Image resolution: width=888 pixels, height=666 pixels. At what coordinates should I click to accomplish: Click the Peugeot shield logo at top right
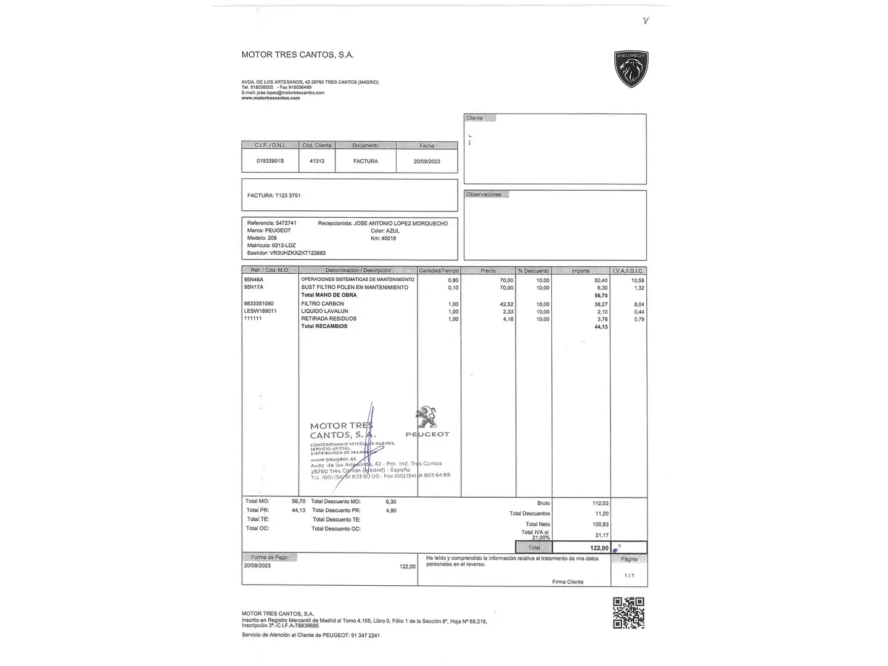click(631, 68)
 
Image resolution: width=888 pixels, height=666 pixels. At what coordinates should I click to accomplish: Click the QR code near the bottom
click(628, 612)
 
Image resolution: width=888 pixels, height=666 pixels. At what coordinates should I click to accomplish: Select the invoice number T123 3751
click(288, 195)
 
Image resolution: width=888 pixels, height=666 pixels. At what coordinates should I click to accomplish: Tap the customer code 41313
click(317, 161)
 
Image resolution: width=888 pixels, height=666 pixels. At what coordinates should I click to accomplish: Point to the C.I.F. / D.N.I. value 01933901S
click(270, 161)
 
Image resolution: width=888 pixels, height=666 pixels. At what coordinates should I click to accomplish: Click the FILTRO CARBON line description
click(323, 304)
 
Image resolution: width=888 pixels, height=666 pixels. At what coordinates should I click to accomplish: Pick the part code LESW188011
click(260, 311)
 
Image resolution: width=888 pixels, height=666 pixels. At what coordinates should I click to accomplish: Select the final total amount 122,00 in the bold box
click(599, 548)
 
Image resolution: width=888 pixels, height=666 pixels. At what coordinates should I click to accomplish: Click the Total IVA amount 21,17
click(601, 535)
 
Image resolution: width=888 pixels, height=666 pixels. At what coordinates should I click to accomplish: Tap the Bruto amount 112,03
click(600, 503)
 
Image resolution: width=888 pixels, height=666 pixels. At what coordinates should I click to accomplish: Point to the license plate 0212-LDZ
click(284, 245)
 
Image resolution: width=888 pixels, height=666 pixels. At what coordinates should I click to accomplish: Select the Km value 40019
click(388, 239)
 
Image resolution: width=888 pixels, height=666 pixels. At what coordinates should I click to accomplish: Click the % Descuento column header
click(533, 271)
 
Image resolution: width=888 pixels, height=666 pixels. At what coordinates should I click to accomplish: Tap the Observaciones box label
click(483, 194)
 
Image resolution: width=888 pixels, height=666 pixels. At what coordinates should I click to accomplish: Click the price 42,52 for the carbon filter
click(506, 304)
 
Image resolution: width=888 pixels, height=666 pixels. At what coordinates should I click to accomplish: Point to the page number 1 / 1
click(629, 575)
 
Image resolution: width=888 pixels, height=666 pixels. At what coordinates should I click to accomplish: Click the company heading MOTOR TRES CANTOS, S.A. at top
click(297, 55)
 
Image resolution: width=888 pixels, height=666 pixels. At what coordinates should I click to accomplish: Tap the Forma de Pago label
click(269, 557)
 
